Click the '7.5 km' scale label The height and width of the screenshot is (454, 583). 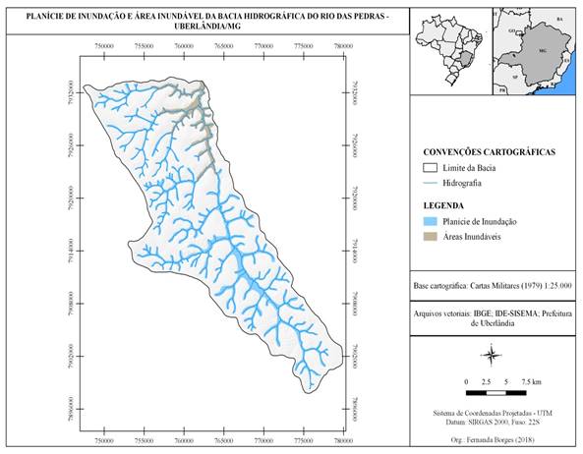(531, 379)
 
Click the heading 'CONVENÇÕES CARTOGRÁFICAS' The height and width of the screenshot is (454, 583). (489, 153)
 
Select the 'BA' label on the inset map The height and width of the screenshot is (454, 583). (559, 20)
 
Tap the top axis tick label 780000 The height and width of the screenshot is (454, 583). (343, 45)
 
